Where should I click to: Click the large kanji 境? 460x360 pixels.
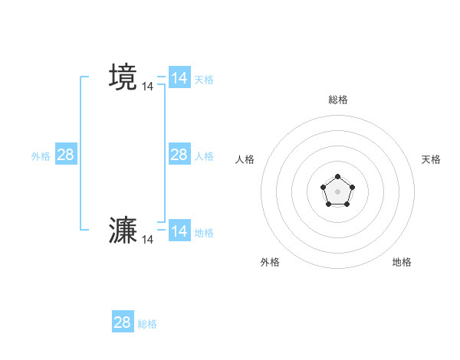pyautogui.click(x=123, y=77)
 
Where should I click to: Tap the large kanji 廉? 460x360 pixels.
pyautogui.click(x=123, y=231)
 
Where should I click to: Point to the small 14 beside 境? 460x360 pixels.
pyautogui.click(x=147, y=87)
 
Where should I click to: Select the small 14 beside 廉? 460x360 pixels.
pyautogui.click(x=147, y=240)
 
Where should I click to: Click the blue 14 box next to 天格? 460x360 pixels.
pyautogui.click(x=179, y=78)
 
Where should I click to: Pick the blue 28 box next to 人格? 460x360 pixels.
pyautogui.click(x=179, y=155)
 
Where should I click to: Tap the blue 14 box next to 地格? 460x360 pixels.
pyautogui.click(x=179, y=231)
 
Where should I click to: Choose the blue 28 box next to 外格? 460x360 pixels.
pyautogui.click(x=66, y=155)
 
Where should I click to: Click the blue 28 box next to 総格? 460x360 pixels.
pyautogui.click(x=123, y=322)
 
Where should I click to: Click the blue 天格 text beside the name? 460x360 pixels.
pyautogui.click(x=204, y=80)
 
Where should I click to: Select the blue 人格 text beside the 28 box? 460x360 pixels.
pyautogui.click(x=204, y=156)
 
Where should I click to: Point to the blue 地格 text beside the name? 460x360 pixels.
pyautogui.click(x=204, y=233)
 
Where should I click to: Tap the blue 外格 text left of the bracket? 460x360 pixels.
pyautogui.click(x=41, y=156)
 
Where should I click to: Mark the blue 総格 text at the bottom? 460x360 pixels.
pyautogui.click(x=147, y=324)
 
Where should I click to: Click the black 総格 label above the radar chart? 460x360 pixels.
pyautogui.click(x=338, y=100)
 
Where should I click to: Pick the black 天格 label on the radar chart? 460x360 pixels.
pyautogui.click(x=432, y=159)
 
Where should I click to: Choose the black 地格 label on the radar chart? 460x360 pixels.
pyautogui.click(x=402, y=262)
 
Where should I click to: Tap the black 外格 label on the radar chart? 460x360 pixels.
pyautogui.click(x=270, y=262)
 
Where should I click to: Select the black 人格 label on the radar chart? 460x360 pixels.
pyautogui.click(x=245, y=159)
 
